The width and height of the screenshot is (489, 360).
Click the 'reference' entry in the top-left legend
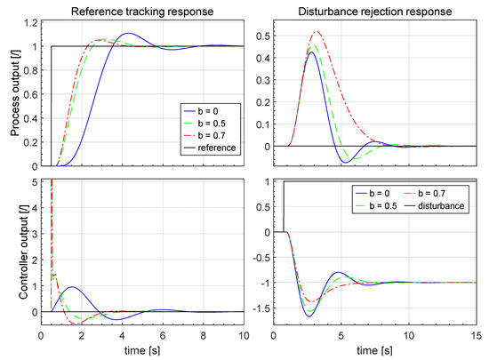pos(217,148)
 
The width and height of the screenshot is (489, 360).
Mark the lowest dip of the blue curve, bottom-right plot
pos(308,316)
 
